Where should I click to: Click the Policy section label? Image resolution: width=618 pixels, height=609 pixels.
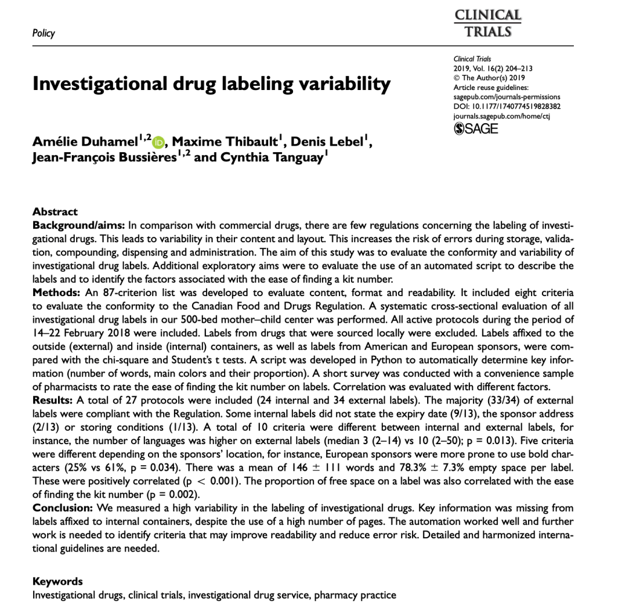43,33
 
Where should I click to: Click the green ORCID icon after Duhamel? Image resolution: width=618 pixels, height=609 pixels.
158,143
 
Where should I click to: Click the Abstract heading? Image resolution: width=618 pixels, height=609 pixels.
55,211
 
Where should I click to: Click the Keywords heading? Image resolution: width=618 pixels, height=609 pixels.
57,581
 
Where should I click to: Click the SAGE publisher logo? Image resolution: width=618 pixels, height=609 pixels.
475,128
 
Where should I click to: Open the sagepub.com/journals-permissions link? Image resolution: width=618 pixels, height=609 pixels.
507,97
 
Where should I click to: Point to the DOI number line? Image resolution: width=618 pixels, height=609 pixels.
507,106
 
